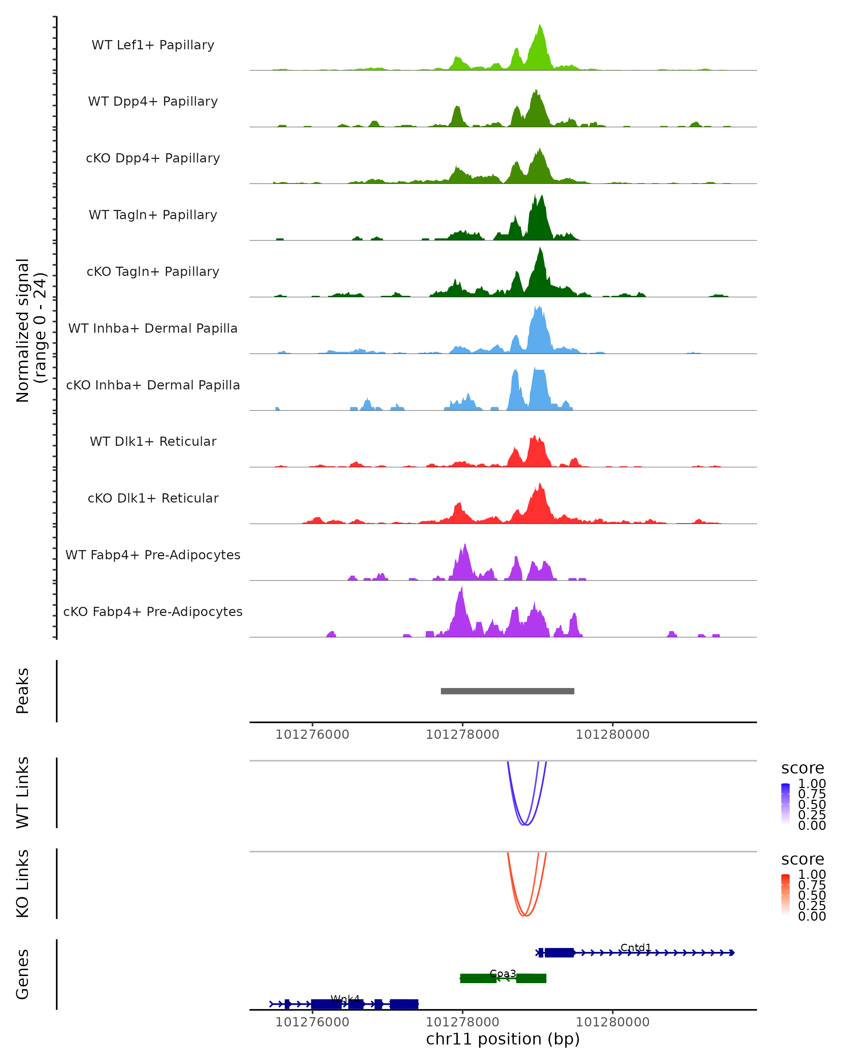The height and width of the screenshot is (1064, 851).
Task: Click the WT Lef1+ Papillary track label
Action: tap(153, 45)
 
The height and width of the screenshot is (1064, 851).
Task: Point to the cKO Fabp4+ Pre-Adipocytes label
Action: tap(153, 611)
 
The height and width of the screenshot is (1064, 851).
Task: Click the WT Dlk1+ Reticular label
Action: tap(153, 441)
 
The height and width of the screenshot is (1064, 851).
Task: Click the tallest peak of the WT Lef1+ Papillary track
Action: tap(540, 26)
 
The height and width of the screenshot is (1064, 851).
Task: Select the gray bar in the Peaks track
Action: tap(507, 691)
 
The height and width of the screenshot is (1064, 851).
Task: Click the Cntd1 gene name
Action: tap(635, 948)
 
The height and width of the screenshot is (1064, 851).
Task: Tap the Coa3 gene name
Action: tap(503, 974)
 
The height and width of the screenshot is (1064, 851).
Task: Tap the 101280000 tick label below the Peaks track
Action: tap(612, 735)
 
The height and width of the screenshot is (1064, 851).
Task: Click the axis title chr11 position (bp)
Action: tap(503, 1039)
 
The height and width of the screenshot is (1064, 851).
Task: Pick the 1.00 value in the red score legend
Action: tap(812, 875)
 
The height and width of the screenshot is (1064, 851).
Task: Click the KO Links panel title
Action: tap(23, 884)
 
